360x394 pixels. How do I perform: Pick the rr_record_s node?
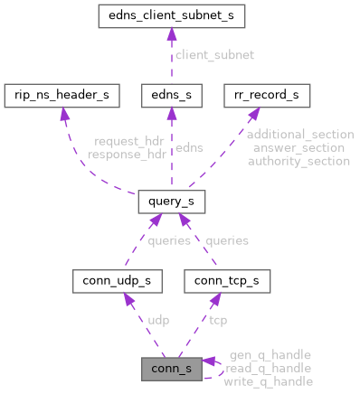coord(267,94)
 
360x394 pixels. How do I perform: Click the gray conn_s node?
coord(172,369)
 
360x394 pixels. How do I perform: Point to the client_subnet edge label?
coord(215,55)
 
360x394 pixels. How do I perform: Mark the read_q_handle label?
coord(269,368)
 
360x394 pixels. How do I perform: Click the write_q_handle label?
coord(269,380)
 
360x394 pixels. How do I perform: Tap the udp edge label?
coord(158,321)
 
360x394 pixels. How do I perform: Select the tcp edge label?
coord(217,321)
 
